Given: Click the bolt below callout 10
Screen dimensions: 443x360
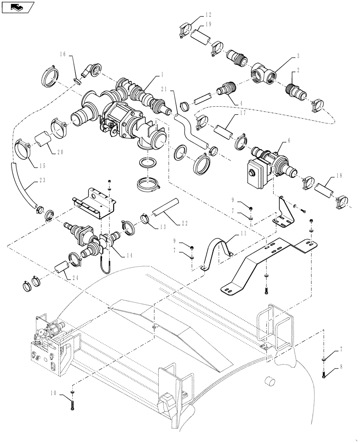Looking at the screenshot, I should (71, 404).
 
